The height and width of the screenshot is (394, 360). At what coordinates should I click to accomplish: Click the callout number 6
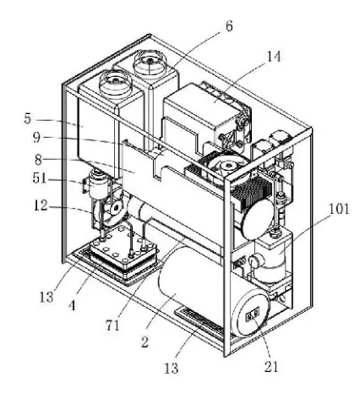pyautogui.click(x=229, y=26)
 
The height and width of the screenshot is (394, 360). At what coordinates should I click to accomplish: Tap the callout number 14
pyautogui.click(x=274, y=57)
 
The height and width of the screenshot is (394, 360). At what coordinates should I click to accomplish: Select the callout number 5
pyautogui.click(x=27, y=118)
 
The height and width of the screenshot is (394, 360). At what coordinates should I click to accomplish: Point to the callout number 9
pyautogui.click(x=36, y=138)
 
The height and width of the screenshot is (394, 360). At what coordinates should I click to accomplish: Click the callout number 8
pyautogui.click(x=39, y=160)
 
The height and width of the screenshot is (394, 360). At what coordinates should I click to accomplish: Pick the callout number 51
pyautogui.click(x=40, y=178)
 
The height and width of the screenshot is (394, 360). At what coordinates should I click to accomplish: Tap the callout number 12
pyautogui.click(x=41, y=205)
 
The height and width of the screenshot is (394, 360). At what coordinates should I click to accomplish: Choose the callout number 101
pyautogui.click(x=339, y=210)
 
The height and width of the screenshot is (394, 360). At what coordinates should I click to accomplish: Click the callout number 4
pyautogui.click(x=72, y=305)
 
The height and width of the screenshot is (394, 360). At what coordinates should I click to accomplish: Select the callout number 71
pyautogui.click(x=112, y=326)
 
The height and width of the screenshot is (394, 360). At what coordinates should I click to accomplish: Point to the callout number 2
pyautogui.click(x=145, y=342)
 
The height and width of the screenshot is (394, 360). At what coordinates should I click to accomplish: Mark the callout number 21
pyautogui.click(x=271, y=367)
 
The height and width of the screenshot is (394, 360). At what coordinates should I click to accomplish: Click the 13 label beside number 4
pyautogui.click(x=46, y=297)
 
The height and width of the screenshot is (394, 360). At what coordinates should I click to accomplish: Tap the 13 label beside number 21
pyautogui.click(x=172, y=368)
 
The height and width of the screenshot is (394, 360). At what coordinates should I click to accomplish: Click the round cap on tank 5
pyautogui.click(x=115, y=83)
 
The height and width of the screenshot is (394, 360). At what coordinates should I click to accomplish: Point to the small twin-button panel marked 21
pyautogui.click(x=253, y=315)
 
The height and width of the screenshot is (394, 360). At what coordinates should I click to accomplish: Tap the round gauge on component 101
pyautogui.click(x=254, y=261)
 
